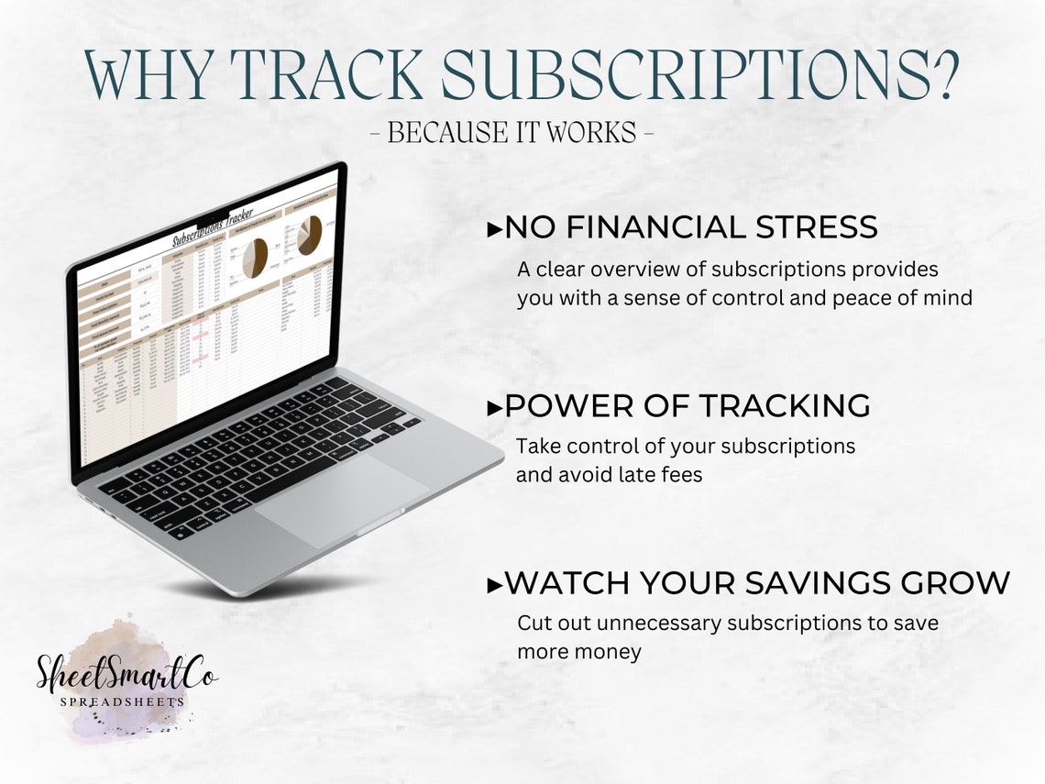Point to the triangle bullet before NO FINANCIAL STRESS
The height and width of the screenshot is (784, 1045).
tap(494, 230)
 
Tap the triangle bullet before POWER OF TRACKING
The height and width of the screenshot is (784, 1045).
tap(494, 408)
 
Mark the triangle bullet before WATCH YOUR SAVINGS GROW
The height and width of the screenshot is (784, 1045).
tap(494, 584)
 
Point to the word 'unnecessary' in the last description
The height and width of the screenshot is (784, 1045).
tap(659, 623)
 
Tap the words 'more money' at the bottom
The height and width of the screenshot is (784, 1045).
tap(579, 652)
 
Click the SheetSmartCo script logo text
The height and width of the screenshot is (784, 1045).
tap(126, 672)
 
